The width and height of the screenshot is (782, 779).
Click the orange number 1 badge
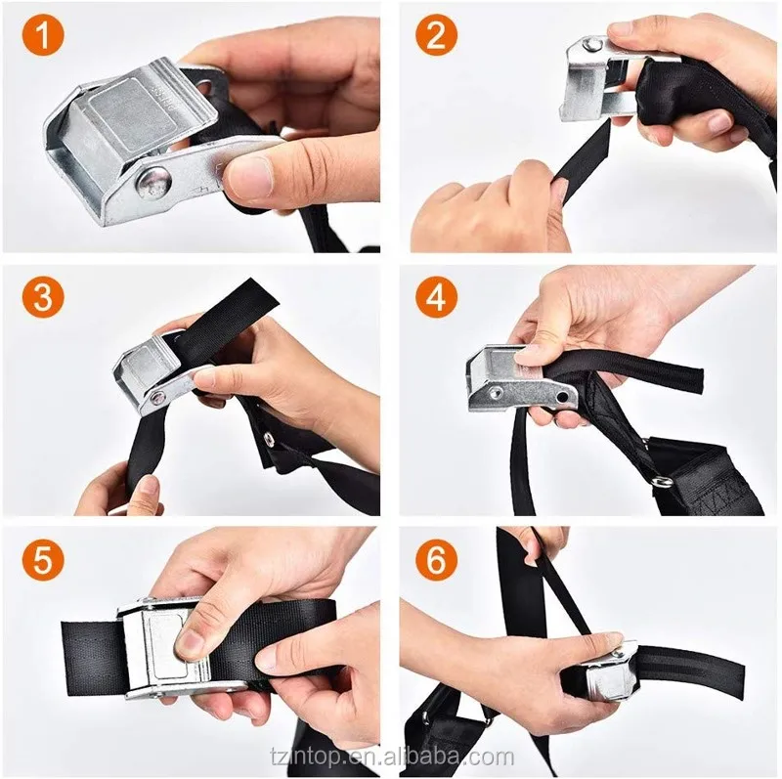pyautogui.click(x=43, y=35)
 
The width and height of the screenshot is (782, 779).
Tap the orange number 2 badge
pyautogui.click(x=436, y=35)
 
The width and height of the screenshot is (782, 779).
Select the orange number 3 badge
pyautogui.click(x=43, y=296)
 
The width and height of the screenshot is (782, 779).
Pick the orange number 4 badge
pyautogui.click(x=436, y=296)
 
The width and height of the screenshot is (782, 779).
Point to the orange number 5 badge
pyautogui.click(x=43, y=559)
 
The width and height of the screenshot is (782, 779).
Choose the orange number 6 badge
pyautogui.click(x=436, y=559)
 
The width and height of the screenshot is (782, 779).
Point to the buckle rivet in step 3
pyautogui.click(x=158, y=398)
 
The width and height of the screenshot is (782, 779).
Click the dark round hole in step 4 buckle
pyautogui.click(x=563, y=397)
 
